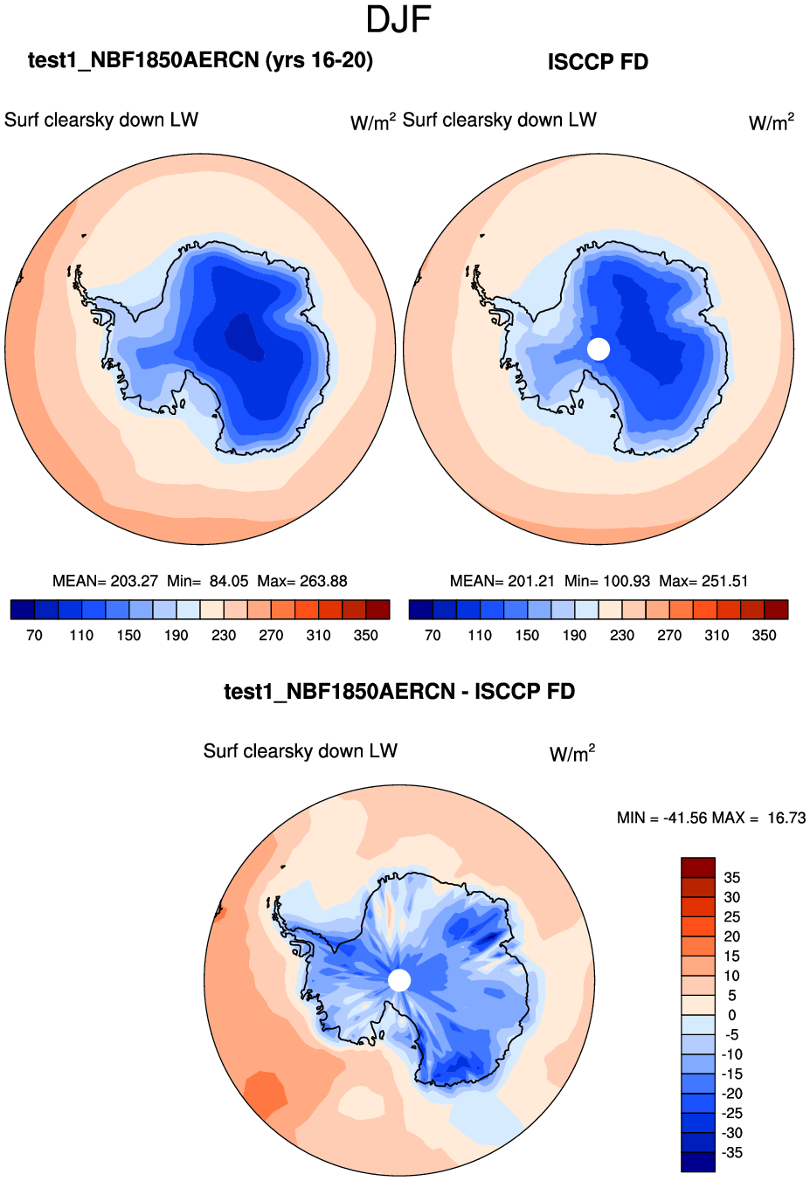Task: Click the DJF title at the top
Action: point(398,20)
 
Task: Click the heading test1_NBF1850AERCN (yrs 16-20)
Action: point(200,60)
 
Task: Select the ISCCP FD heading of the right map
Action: point(598,62)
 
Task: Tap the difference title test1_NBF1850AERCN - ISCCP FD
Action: point(399,692)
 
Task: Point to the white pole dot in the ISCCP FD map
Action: point(599,349)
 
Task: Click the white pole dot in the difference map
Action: point(399,980)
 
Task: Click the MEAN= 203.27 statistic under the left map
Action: point(105,581)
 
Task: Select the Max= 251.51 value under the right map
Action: point(703,581)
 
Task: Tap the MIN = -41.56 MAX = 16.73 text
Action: point(711,818)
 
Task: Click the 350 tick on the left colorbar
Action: point(366,635)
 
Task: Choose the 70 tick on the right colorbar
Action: point(433,635)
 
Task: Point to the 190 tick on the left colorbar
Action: point(177,635)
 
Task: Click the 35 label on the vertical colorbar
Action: point(732,877)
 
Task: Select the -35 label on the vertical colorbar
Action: point(732,1152)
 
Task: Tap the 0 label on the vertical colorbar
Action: point(732,1015)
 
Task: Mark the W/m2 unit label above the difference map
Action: point(572,754)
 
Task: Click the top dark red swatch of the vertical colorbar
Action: point(698,867)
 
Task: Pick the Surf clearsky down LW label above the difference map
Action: point(301,751)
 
